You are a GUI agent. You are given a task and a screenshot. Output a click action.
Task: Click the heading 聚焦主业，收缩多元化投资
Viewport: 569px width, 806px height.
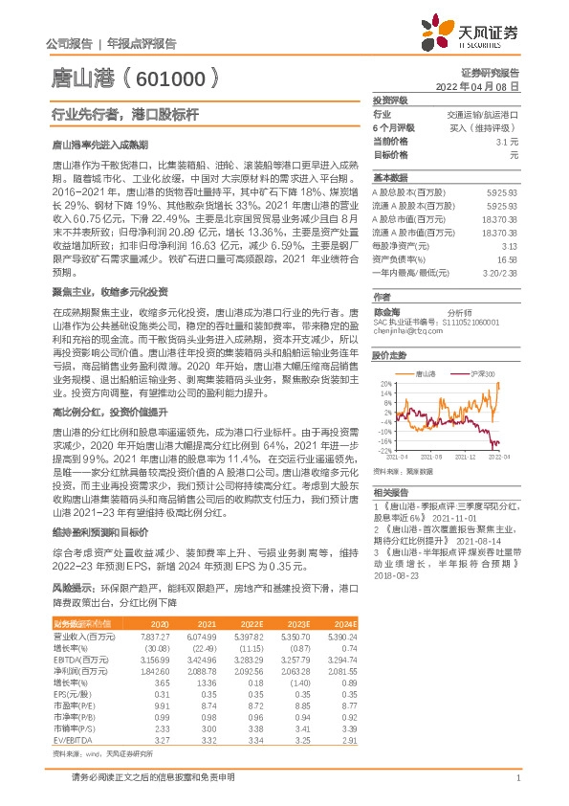[x=109, y=291]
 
